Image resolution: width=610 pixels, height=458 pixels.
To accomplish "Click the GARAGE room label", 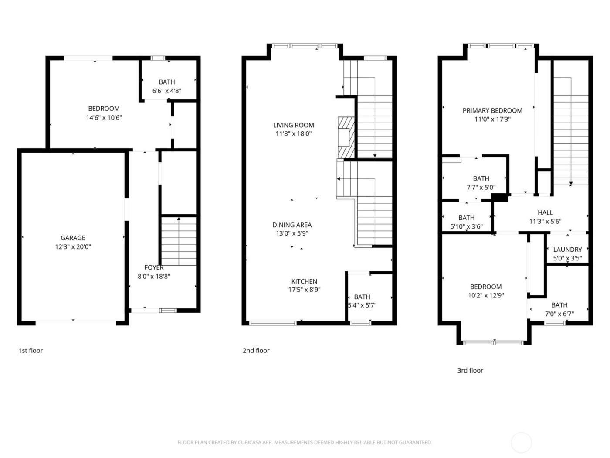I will pyautogui.click(x=73, y=238).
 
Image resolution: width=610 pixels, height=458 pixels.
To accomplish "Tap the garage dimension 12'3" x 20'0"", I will pyautogui.click(x=73, y=247).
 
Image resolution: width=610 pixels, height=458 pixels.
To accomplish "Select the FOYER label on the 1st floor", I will pyautogui.click(x=154, y=267).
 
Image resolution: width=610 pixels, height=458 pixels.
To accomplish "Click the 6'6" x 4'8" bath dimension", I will pyautogui.click(x=167, y=91).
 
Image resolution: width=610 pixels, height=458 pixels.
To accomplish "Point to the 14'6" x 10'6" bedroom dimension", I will pyautogui.click(x=104, y=117).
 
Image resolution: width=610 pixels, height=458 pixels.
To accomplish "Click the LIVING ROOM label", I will pyautogui.click(x=294, y=125).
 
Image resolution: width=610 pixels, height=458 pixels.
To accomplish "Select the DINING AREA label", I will pyautogui.click(x=292, y=225).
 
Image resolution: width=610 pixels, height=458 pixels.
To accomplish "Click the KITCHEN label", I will pyautogui.click(x=304, y=281).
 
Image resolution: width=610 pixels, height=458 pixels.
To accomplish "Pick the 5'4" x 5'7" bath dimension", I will pyautogui.click(x=362, y=305).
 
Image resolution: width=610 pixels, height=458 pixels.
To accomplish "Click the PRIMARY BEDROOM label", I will pyautogui.click(x=492, y=110).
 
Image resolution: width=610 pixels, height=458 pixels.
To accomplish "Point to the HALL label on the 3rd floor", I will pyautogui.click(x=545, y=212).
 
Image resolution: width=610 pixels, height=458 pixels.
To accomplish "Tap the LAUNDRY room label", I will pyautogui.click(x=567, y=250).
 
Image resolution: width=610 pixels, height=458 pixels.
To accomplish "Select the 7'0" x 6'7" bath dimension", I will pyautogui.click(x=559, y=314).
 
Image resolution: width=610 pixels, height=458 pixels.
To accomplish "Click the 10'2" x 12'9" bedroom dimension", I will pyautogui.click(x=486, y=295).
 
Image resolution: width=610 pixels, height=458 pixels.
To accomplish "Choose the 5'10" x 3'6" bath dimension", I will pyautogui.click(x=466, y=226).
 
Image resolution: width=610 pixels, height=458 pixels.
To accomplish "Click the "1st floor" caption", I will pyautogui.click(x=30, y=350).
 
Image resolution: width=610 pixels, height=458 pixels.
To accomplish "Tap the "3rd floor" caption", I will pyautogui.click(x=470, y=370).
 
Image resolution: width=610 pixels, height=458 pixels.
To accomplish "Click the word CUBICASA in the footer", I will pyautogui.click(x=250, y=442).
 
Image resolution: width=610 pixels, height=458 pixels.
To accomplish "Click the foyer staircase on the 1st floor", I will pyautogui.click(x=179, y=241).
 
